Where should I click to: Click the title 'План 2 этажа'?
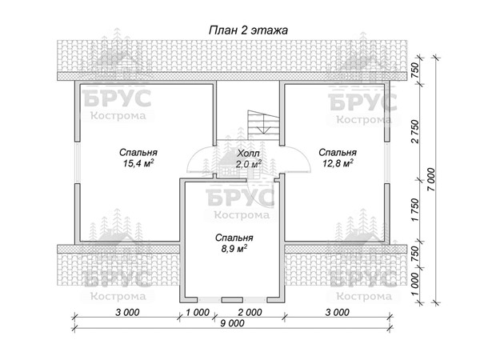click(248, 30)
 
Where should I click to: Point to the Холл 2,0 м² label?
click(249, 158)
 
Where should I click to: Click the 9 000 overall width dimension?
click(232, 323)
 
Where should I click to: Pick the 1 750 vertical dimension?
click(414, 210)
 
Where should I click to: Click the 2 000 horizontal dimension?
click(250, 312)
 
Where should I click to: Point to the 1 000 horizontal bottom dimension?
click(198, 312)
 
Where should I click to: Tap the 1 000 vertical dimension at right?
click(414, 284)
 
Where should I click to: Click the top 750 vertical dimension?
click(414, 70)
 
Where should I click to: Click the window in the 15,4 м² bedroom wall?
click(78, 162)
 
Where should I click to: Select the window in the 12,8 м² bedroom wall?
click(387, 162)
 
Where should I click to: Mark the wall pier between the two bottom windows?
click(232, 300)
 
